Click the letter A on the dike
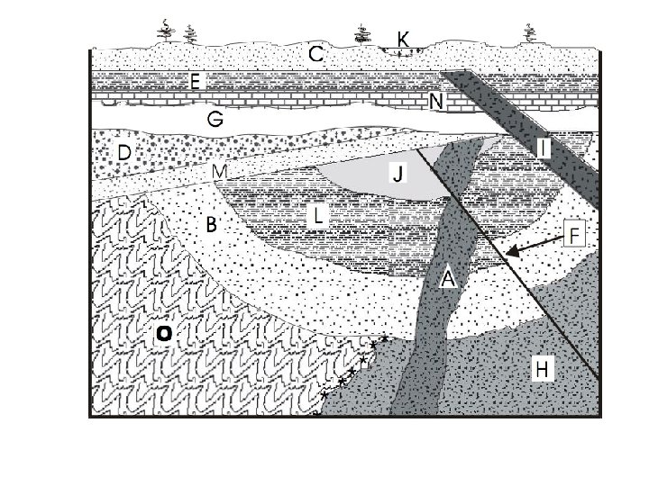click(x=448, y=280)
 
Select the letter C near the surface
click(x=317, y=56)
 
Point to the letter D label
click(x=123, y=154)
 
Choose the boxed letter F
click(x=576, y=235)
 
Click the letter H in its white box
click(x=543, y=368)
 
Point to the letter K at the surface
click(x=403, y=39)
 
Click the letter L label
click(x=317, y=215)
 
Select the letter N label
click(x=437, y=103)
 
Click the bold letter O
click(x=162, y=335)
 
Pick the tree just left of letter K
click(x=364, y=35)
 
